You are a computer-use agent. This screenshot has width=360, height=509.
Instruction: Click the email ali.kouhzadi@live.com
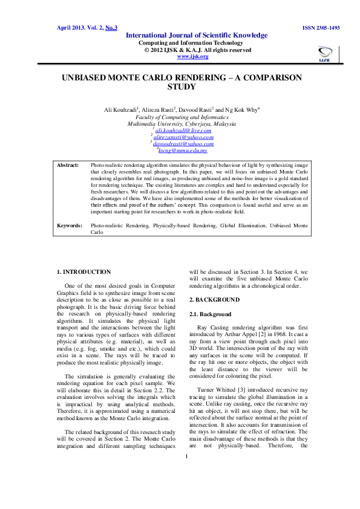[183, 131]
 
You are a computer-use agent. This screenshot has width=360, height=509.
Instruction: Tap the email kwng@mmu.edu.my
[183, 151]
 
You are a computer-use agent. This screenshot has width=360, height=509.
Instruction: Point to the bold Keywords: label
[69, 225]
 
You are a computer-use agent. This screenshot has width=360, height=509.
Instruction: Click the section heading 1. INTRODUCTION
[83, 272]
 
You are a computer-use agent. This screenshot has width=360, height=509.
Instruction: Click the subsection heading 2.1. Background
[211, 314]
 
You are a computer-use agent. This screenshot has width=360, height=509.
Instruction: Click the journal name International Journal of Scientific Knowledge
[196, 36]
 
